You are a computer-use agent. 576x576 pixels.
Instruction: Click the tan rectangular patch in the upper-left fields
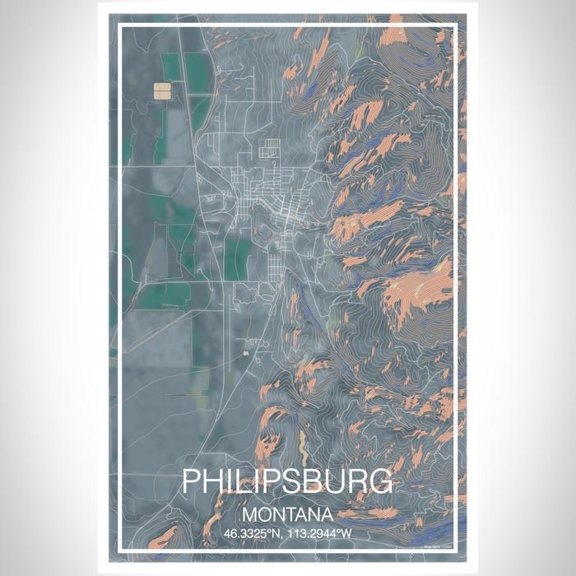click(x=163, y=89)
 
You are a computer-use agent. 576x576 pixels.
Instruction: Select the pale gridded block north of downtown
click(x=271, y=149)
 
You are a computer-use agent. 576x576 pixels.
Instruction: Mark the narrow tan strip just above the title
click(x=302, y=449)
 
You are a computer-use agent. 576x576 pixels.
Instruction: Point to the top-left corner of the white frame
click(x=120, y=26)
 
